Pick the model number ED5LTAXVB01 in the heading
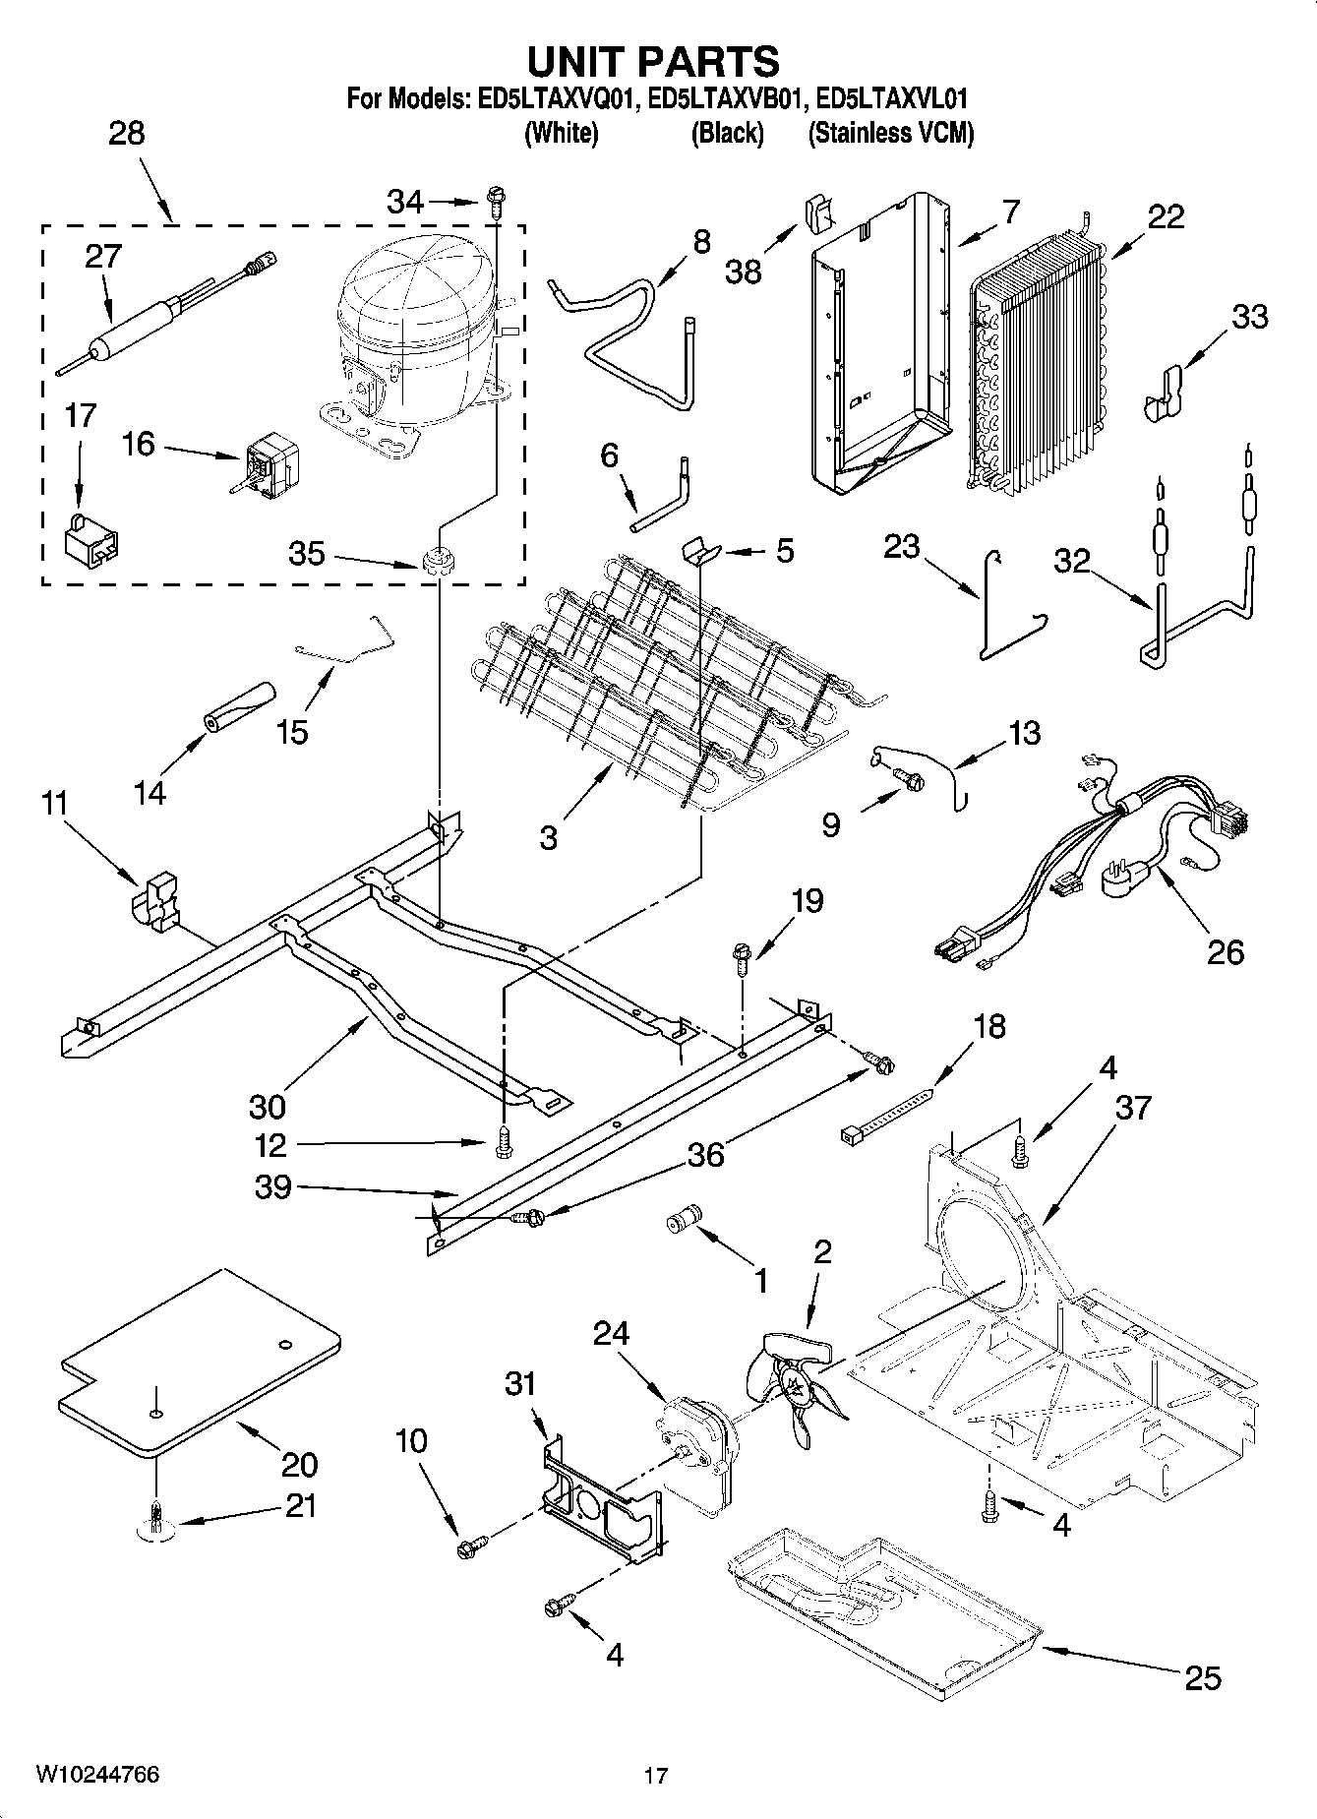coord(727,98)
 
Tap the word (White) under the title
coord(562,134)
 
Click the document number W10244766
coord(97,1774)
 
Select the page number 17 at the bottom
coord(656,1776)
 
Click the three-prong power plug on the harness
coord(1129,875)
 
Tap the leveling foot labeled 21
coord(155,1521)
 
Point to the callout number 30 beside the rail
coord(267,1107)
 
